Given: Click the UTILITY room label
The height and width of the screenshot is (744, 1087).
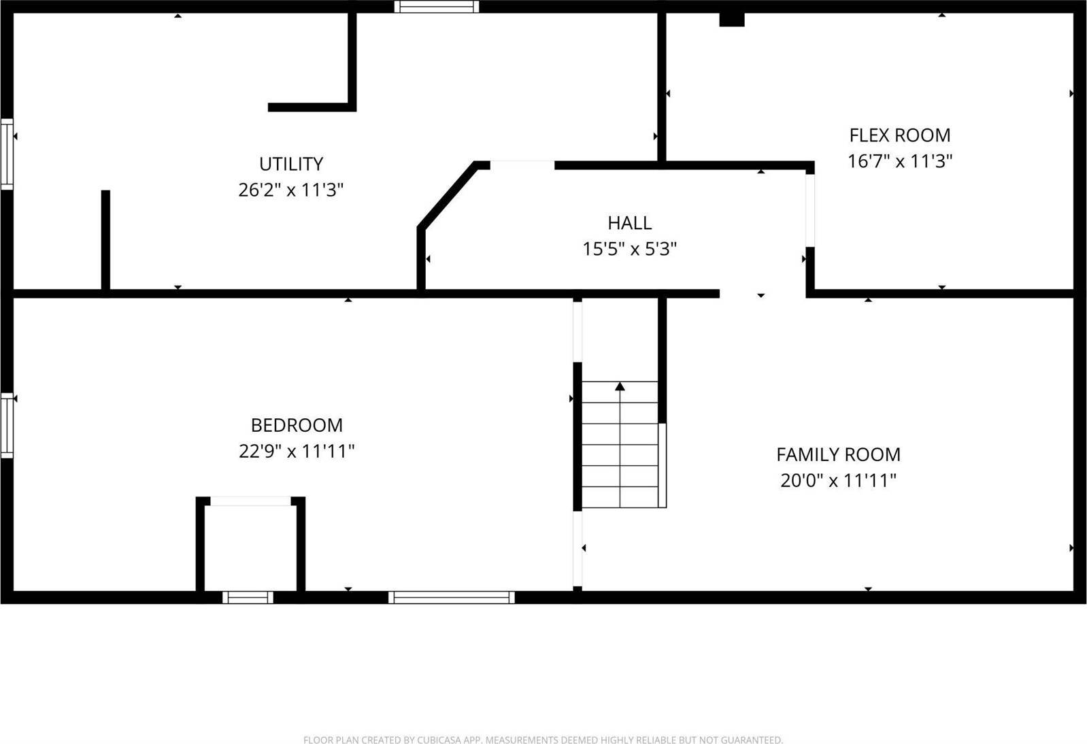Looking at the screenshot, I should (291, 164).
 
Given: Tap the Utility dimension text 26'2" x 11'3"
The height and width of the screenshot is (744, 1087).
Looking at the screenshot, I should (291, 190).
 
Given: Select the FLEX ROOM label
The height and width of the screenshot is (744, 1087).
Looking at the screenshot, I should (899, 135).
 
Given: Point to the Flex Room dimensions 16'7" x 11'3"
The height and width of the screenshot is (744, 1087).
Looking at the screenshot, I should (899, 161).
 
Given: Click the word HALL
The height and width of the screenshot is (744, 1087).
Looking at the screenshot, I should (629, 223).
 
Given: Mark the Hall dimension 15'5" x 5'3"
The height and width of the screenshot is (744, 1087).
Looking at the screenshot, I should (629, 249).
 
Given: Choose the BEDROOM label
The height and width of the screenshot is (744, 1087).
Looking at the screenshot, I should (297, 425).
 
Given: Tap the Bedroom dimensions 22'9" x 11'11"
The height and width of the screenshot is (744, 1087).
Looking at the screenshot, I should (297, 451).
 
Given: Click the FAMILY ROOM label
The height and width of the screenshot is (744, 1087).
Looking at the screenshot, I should (838, 454).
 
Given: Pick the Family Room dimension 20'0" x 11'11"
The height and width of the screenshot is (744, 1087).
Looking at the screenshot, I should (838, 481).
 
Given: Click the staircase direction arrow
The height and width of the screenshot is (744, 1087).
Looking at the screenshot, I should (620, 387).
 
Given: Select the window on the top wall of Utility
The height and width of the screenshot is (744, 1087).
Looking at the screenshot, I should (437, 7).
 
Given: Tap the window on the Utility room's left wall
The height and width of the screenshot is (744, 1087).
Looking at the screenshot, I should (7, 154).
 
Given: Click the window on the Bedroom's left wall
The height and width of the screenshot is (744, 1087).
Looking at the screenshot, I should (7, 425).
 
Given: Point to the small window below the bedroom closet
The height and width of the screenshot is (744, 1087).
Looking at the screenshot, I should (248, 598).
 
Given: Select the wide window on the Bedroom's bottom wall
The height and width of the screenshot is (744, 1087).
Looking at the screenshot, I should (452, 598).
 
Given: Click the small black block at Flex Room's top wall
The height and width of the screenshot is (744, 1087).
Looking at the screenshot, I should (732, 20).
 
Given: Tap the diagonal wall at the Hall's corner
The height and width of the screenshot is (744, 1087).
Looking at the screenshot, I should (447, 195).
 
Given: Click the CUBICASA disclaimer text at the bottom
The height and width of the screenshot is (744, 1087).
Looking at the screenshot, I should (543, 739).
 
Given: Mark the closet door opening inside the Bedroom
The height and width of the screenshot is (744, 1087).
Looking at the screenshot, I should (251, 501).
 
